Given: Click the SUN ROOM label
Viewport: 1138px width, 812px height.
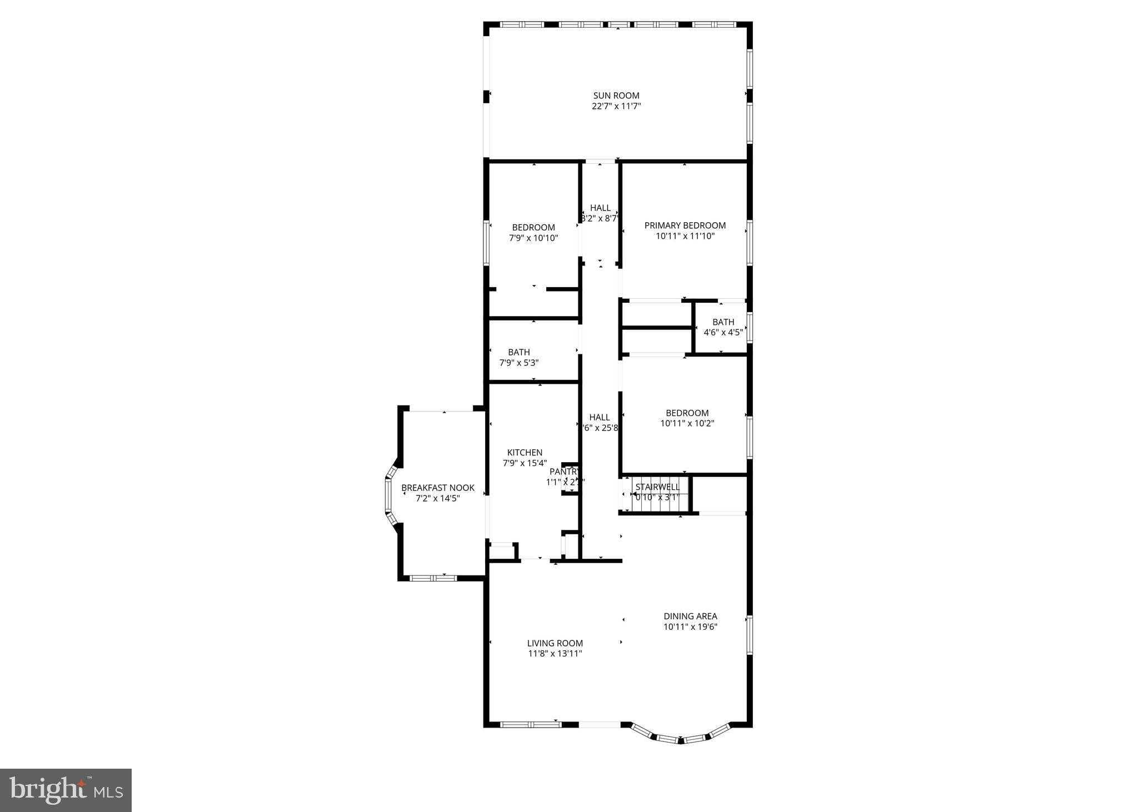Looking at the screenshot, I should tap(616, 96).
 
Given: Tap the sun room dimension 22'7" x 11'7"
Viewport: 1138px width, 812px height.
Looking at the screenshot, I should tap(616, 106).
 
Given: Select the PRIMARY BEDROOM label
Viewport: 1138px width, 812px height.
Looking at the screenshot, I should tap(685, 225).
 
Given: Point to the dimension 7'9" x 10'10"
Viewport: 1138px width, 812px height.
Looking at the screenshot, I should tap(533, 238).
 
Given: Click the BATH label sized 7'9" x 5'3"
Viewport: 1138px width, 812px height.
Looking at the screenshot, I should tap(518, 352).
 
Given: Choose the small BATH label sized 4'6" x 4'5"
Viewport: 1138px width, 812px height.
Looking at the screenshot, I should tap(723, 322).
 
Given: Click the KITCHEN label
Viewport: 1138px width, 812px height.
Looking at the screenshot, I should tap(525, 453).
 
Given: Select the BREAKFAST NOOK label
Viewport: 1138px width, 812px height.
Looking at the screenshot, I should tap(438, 488).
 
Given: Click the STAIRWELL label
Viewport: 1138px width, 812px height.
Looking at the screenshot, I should tap(657, 487).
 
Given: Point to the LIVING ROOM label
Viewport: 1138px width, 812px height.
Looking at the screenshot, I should tap(555, 643).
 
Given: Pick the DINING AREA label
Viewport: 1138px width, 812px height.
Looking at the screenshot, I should tap(690, 616).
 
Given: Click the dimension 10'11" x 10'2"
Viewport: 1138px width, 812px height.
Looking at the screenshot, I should tap(687, 423).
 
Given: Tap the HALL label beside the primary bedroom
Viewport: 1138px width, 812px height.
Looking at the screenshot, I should tap(600, 208).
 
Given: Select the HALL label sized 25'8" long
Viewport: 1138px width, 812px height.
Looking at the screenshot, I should tap(599, 417).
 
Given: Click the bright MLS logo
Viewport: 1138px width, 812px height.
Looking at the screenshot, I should tap(66, 790).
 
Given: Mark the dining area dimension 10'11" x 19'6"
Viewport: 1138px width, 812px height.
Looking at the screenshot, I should tap(690, 627).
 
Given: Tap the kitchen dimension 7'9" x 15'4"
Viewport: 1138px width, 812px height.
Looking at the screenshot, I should tap(525, 463).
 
